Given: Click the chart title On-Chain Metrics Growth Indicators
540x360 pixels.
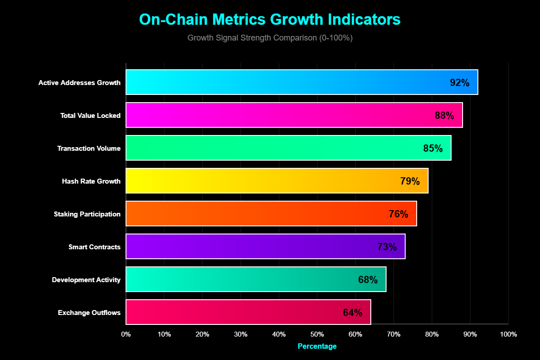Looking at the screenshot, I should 270,20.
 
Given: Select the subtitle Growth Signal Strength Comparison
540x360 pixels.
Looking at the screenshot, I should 270,38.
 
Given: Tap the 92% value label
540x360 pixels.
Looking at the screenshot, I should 459,83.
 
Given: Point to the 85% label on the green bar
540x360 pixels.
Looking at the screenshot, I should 433,148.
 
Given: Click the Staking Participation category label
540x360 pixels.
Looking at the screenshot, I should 87,214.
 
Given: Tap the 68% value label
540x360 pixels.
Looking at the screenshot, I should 368,280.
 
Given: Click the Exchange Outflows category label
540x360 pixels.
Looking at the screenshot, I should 89,312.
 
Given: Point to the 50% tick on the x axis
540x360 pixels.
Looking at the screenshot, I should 317,334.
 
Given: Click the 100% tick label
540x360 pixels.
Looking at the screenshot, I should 508,334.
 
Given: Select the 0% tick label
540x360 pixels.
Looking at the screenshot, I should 126,334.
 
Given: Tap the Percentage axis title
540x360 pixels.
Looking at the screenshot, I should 317,346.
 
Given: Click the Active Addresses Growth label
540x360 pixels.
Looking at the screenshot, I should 79,83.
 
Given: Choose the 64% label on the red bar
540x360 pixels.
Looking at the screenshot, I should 352,313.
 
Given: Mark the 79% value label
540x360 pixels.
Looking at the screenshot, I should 409,181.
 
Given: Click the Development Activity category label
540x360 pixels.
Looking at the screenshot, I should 86,280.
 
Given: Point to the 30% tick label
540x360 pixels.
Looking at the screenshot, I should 241,334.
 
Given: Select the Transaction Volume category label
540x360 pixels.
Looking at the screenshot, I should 89,148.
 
